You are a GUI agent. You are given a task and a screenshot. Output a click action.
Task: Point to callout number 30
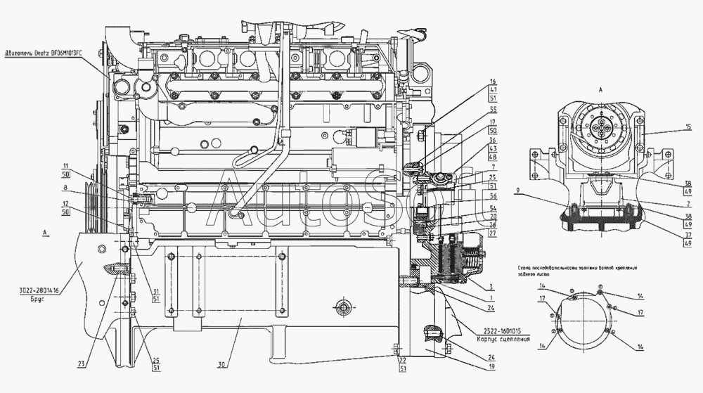pos(222,365)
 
